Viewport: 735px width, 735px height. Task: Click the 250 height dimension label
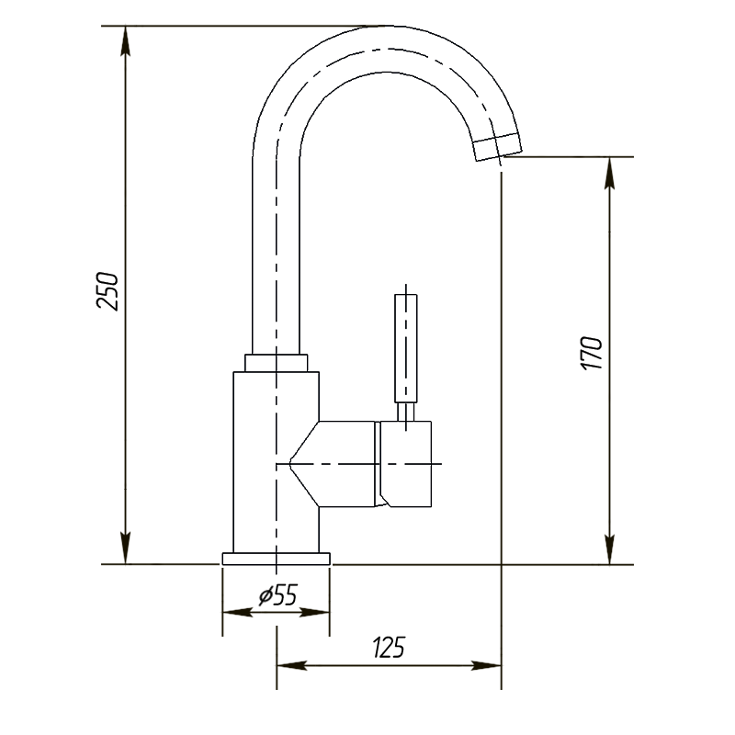click(107, 290)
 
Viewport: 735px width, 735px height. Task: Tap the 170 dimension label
click(592, 353)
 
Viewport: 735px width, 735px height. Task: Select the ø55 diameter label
click(278, 595)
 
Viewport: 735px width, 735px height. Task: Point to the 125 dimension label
click(389, 648)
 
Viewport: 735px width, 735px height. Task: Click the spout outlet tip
click(497, 147)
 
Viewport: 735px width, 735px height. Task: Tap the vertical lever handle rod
click(406, 348)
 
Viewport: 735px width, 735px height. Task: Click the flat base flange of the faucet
click(277, 559)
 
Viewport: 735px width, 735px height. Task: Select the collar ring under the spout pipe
click(277, 363)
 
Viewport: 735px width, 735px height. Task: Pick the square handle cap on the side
click(405, 464)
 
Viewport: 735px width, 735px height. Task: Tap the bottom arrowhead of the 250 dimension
click(125, 548)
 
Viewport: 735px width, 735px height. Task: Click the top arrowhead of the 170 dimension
click(609, 173)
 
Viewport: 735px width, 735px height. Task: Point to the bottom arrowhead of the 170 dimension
click(609, 548)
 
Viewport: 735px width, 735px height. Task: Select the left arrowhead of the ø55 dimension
click(238, 613)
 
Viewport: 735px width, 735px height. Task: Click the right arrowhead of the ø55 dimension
click(314, 613)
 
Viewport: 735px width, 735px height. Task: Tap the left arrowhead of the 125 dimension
click(291, 665)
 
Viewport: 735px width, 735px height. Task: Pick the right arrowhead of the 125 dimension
click(486, 665)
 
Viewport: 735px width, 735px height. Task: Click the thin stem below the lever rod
click(406, 412)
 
